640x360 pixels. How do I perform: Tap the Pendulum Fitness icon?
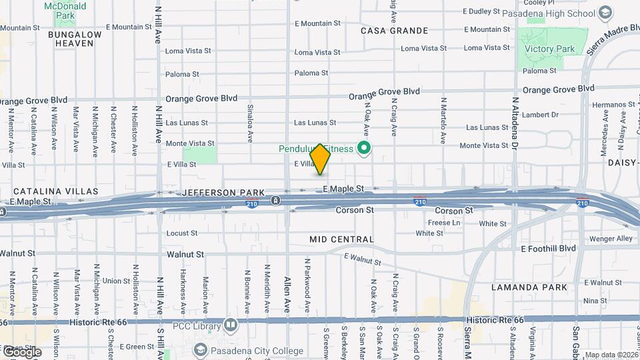point(364,148)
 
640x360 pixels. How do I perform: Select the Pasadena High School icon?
point(605,13)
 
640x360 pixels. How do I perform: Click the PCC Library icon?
point(231,325)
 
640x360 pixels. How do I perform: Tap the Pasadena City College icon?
point(199,350)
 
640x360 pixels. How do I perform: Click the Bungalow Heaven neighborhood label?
point(79,39)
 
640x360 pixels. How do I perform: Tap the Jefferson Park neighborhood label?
point(219,192)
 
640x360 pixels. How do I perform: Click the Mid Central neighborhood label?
point(341,239)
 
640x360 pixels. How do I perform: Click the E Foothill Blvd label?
point(548,249)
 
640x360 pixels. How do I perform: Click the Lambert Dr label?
point(540,115)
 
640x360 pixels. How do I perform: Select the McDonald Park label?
point(65,10)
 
